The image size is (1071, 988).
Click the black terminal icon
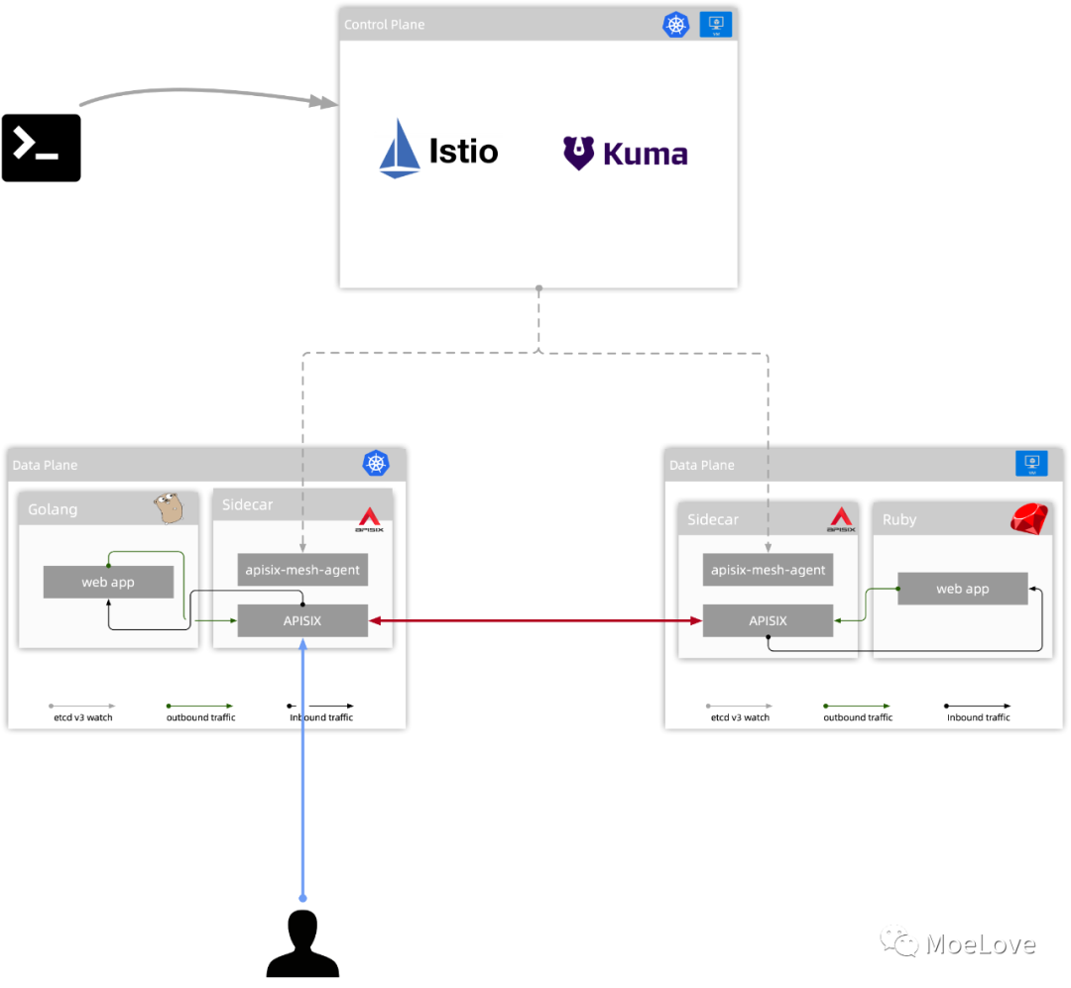(x=41, y=148)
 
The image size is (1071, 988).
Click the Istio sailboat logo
(x=399, y=150)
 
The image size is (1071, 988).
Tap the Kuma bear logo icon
(x=578, y=154)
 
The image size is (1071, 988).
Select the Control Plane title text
(x=384, y=25)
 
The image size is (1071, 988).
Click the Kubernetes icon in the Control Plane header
(x=675, y=25)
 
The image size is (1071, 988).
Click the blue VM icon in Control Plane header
(x=715, y=25)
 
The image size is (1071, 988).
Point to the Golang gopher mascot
(x=169, y=507)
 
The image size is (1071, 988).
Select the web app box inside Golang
(x=108, y=582)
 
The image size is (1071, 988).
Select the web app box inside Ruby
(x=962, y=589)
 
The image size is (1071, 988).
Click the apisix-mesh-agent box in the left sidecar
(x=302, y=570)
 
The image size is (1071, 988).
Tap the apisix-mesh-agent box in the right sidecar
(x=768, y=570)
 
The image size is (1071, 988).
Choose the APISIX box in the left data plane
(x=302, y=621)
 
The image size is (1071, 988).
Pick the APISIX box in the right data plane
(x=768, y=621)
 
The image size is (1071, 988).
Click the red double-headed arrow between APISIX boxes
(x=535, y=621)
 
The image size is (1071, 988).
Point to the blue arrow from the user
(x=302, y=773)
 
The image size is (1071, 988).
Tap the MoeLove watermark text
(x=980, y=944)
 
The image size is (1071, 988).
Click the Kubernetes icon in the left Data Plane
(x=376, y=464)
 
